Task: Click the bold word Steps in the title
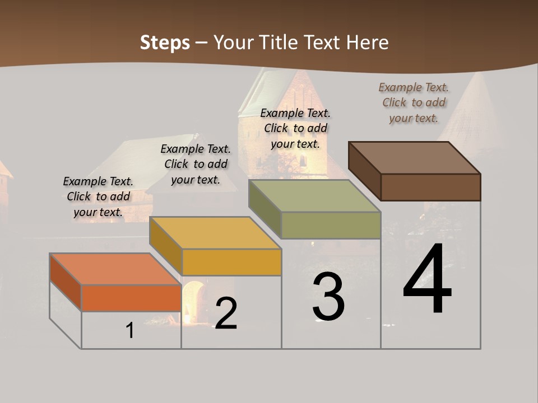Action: tap(165, 43)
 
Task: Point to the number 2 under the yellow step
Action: tap(226, 313)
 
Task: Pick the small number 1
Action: tap(130, 330)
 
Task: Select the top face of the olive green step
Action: tap(314, 196)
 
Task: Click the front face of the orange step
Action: tap(131, 298)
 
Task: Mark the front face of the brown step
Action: tap(430, 187)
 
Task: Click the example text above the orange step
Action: tap(98, 196)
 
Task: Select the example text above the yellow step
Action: tap(196, 164)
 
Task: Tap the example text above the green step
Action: tap(295, 128)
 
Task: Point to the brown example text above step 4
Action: tap(414, 102)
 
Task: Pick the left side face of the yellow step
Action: tap(166, 245)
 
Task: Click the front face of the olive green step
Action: tap(331, 225)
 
